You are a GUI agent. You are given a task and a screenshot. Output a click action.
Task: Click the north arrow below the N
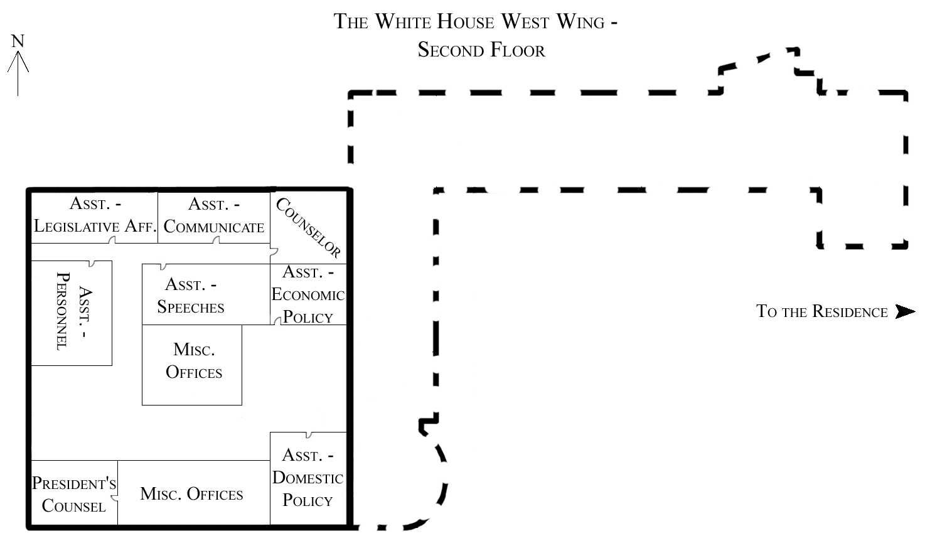[18, 72]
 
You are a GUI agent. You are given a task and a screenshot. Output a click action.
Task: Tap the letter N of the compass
[18, 41]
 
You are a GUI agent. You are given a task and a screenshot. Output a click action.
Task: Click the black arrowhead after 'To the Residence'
[904, 311]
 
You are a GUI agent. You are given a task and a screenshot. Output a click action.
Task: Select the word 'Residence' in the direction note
[850, 312]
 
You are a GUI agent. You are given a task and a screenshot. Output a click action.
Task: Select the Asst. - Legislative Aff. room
[94, 216]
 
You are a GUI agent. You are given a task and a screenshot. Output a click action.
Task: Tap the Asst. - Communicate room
[213, 216]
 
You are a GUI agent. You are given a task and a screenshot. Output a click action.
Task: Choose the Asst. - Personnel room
[72, 312]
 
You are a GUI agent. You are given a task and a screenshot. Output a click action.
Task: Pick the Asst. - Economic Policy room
[308, 294]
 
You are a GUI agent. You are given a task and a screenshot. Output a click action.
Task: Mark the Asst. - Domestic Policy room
[308, 478]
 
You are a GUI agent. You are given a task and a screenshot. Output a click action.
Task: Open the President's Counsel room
[74, 494]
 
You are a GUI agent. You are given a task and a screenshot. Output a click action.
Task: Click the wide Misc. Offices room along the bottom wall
[192, 494]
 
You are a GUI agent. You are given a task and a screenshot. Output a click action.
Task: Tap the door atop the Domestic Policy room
[308, 434]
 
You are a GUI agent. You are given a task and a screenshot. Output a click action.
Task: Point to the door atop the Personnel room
[92, 263]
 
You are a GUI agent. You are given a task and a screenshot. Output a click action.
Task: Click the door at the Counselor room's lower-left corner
[274, 252]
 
